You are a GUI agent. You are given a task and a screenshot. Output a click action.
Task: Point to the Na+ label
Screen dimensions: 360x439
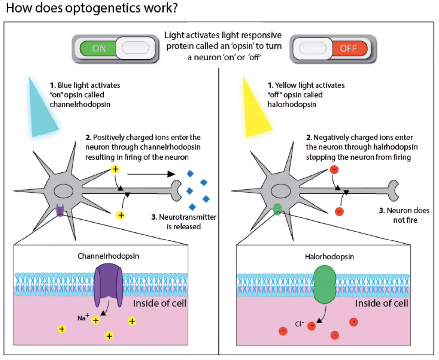(83, 318)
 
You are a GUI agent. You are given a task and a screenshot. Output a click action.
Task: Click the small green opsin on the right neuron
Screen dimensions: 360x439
(277, 210)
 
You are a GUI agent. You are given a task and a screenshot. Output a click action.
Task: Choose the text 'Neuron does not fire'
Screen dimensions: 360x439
(401, 215)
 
